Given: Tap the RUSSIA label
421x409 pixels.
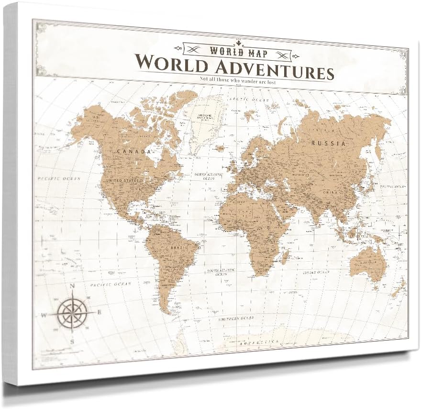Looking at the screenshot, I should pyautogui.click(x=328, y=143).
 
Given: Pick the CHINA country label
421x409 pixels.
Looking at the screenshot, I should pyautogui.click(x=329, y=193).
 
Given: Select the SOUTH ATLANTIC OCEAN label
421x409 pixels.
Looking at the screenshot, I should pyautogui.click(x=218, y=273).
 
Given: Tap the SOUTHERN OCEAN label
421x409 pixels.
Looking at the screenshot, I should pyautogui.click(x=235, y=318).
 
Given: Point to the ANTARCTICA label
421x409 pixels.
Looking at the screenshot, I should pyautogui.click(x=254, y=341).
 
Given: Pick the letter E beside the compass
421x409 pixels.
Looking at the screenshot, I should pyautogui.click(x=100, y=312).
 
